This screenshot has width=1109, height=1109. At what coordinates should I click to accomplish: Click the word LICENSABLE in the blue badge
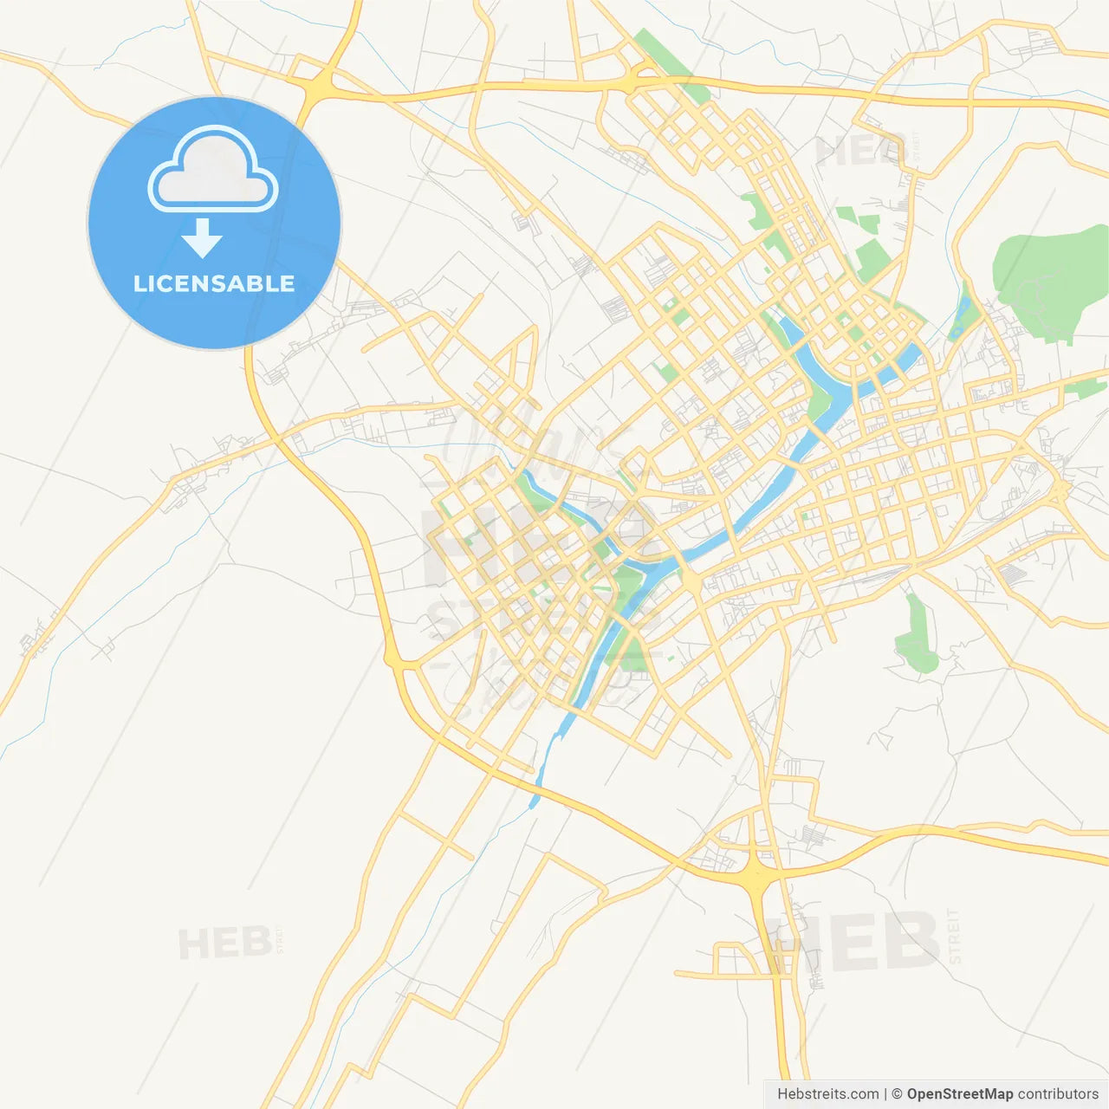click(x=214, y=283)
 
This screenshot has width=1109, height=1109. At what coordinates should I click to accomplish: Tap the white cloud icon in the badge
click(x=213, y=170)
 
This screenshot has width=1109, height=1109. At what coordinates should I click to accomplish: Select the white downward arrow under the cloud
click(x=202, y=238)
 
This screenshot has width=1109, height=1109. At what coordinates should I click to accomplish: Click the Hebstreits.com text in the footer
click(x=827, y=1094)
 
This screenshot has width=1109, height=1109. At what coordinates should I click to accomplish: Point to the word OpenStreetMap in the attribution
click(x=959, y=1094)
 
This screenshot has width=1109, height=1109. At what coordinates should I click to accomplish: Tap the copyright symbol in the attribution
click(x=898, y=1094)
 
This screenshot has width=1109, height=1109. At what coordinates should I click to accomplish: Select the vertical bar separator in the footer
click(x=885, y=1094)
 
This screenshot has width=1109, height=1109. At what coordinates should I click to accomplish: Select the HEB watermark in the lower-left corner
click(x=224, y=943)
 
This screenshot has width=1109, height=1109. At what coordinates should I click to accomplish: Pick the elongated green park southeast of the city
click(x=917, y=637)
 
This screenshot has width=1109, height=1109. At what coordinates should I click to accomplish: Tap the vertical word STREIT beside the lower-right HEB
click(x=955, y=936)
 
